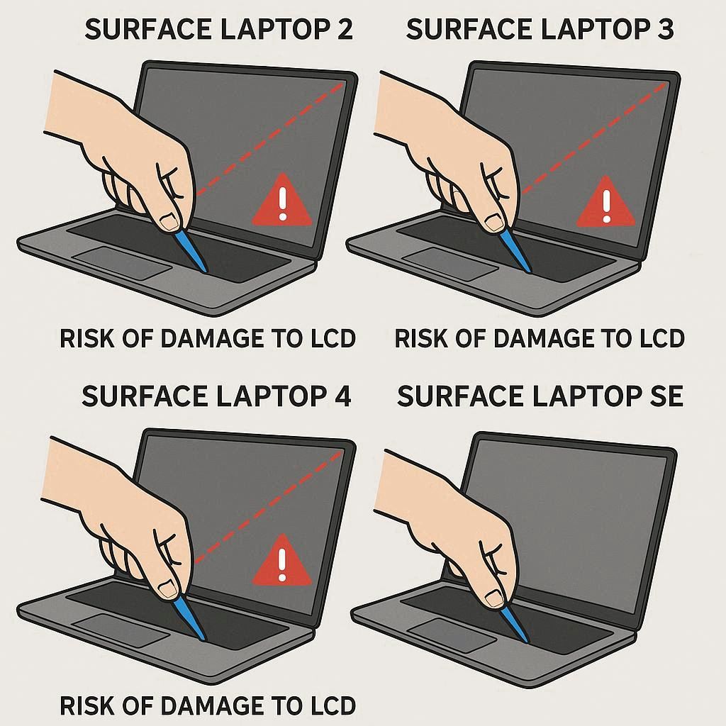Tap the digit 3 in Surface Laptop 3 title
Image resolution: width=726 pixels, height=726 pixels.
click(664, 29)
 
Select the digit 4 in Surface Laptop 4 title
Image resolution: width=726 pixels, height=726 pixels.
click(342, 396)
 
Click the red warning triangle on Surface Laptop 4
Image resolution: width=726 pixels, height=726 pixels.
click(281, 562)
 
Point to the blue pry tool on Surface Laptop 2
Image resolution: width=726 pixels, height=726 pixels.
click(191, 250)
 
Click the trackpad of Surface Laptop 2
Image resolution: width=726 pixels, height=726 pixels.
click(122, 263)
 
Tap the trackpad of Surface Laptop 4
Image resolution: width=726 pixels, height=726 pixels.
click(121, 630)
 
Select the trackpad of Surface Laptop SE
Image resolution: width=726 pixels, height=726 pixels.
click(452, 635)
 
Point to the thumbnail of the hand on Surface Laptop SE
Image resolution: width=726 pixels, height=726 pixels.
click(493, 598)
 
